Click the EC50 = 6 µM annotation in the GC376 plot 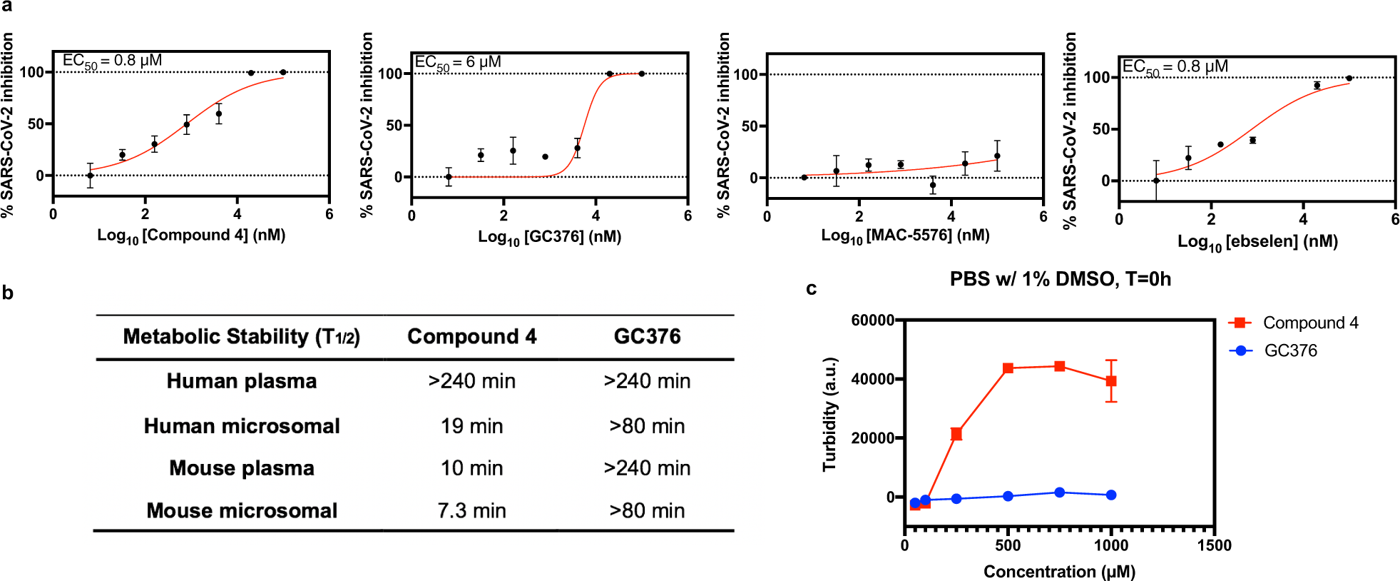458,63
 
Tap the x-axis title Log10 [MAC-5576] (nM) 905,236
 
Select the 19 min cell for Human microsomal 471,426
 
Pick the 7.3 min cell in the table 471,511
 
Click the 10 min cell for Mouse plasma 471,468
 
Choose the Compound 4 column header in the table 471,336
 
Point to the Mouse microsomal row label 242,511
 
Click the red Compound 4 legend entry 1294,323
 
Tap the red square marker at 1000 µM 1111,381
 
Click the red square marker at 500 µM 1008,368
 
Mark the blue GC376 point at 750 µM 1060,492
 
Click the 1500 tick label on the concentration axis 1214,546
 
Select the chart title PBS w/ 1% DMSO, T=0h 1060,279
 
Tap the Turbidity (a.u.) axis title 829,414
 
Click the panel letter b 8,293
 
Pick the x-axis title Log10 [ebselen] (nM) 1257,242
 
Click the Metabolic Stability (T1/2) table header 241,336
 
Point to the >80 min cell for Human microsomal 647,426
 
